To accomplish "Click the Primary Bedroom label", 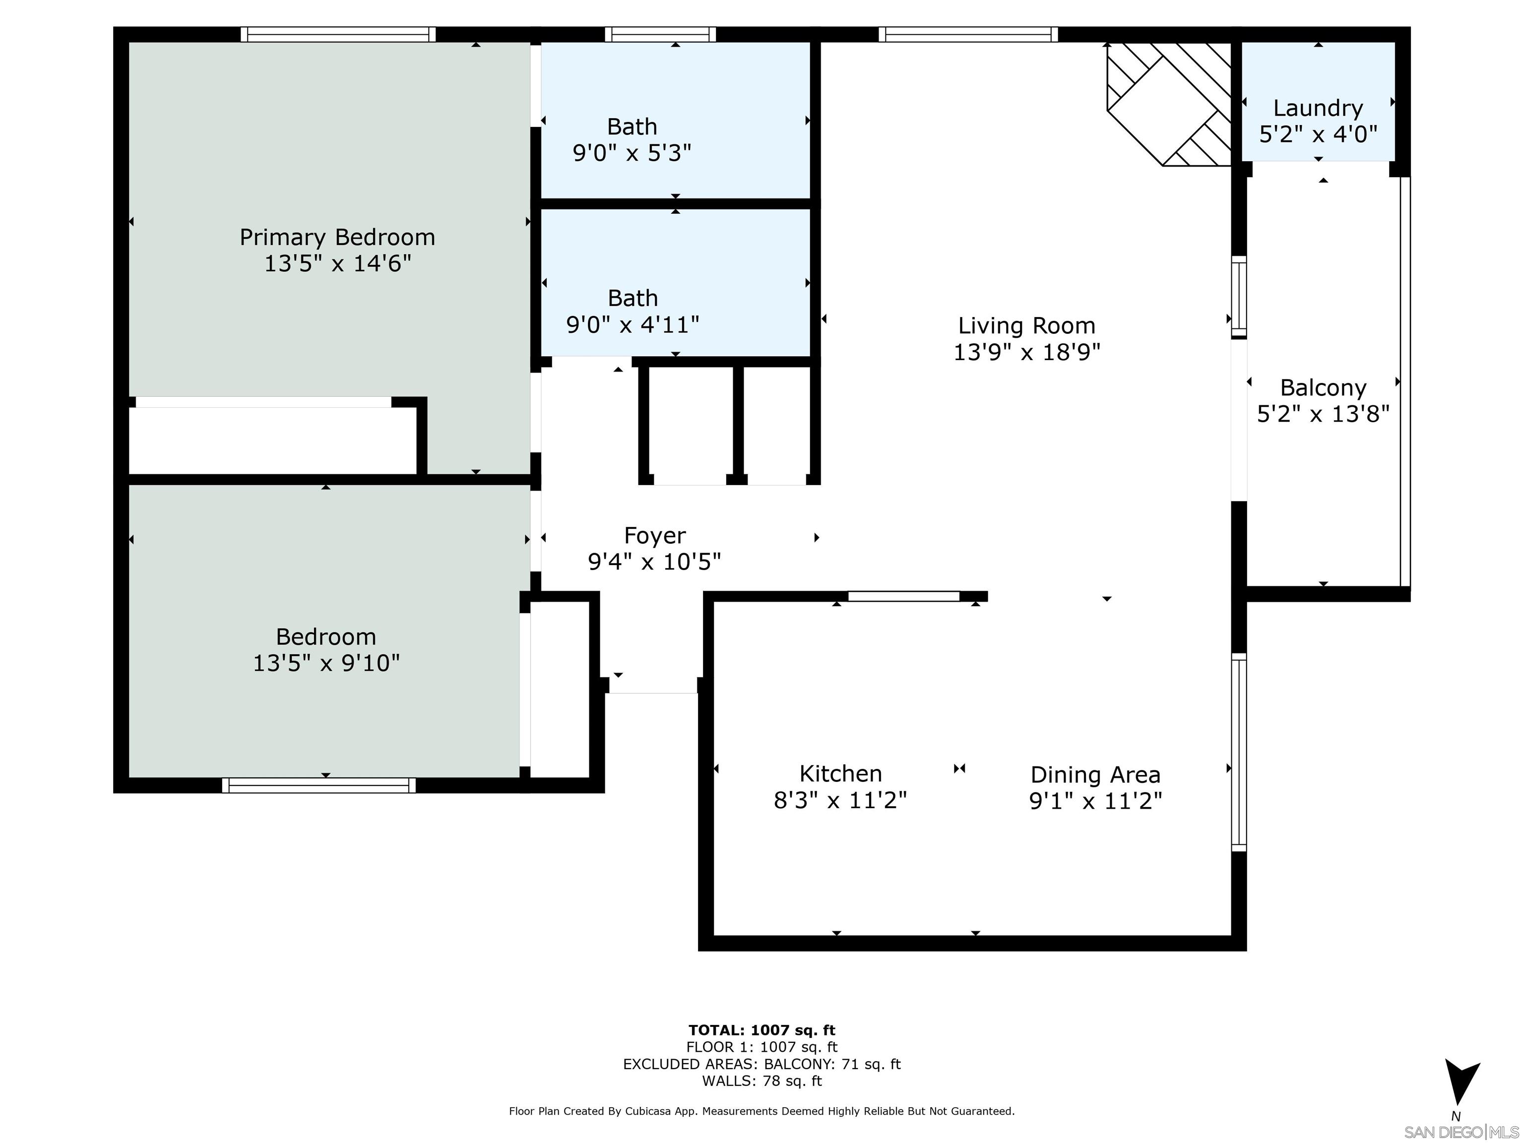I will pyautogui.click(x=337, y=237).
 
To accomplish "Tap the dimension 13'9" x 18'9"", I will pyautogui.click(x=1026, y=352).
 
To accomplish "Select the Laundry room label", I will pyautogui.click(x=1317, y=108).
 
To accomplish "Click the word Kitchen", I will pyautogui.click(x=840, y=774).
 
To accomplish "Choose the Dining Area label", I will pyautogui.click(x=1095, y=775).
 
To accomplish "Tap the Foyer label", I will pyautogui.click(x=654, y=535).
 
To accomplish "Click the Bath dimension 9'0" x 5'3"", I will pyautogui.click(x=632, y=153).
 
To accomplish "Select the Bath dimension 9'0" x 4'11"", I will pyautogui.click(x=632, y=324).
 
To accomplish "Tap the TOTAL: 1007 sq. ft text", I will pyautogui.click(x=762, y=1030).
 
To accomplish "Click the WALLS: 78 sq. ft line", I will pyautogui.click(x=762, y=1080).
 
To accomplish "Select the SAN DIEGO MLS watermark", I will pyautogui.click(x=1460, y=1132).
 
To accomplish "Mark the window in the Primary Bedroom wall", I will pyautogui.click(x=338, y=34).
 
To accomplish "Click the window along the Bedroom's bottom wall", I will pyautogui.click(x=318, y=785).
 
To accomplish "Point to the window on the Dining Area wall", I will pyautogui.click(x=1238, y=752).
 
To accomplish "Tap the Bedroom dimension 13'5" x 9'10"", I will pyautogui.click(x=326, y=663).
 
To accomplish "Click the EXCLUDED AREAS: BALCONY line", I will pyautogui.click(x=762, y=1064).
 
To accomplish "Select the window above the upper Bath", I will pyautogui.click(x=660, y=34).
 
